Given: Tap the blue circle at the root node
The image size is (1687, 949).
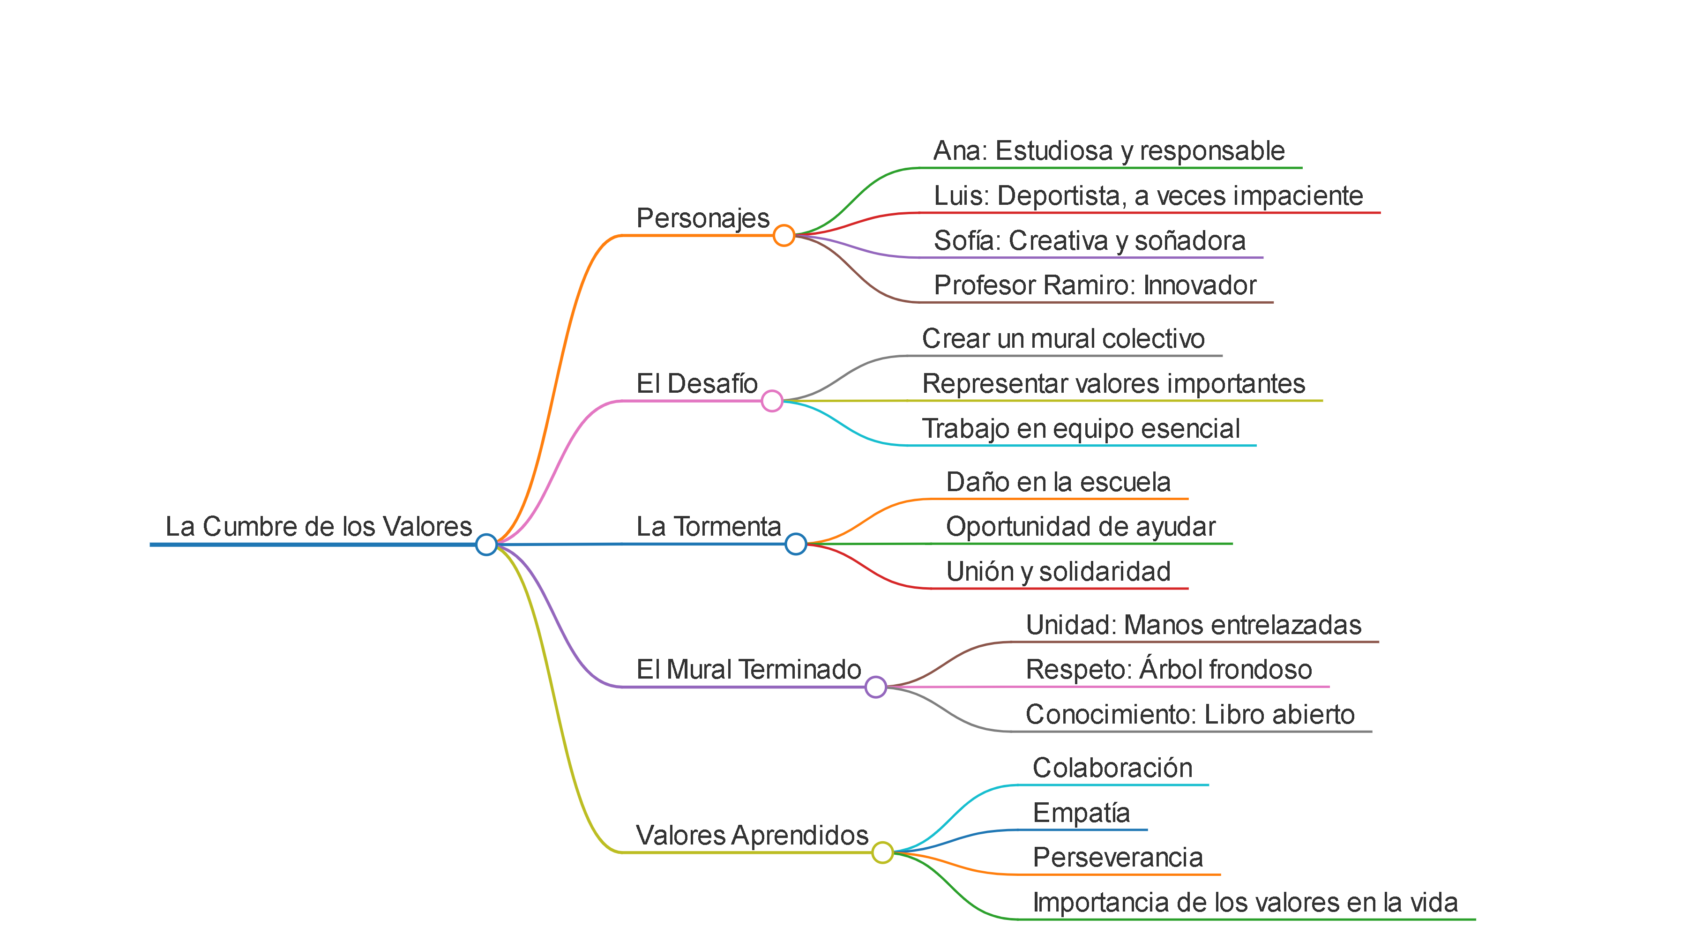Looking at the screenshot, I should click(486, 544).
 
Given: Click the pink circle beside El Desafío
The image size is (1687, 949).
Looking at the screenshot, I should click(772, 401).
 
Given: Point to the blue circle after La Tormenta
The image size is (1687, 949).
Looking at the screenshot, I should click(795, 544).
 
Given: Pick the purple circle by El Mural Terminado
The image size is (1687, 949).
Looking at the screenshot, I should click(875, 687).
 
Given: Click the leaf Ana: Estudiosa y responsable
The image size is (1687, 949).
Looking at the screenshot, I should click(1109, 151).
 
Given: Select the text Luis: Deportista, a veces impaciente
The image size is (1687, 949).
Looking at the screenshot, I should click(1148, 196).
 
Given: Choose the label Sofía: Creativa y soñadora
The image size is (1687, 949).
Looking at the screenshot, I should click(1089, 241).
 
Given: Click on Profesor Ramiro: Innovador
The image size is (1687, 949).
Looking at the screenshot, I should click(1095, 285).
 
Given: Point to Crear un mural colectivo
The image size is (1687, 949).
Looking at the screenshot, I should click(1063, 339).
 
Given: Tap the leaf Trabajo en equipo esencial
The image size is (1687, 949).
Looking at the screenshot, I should click(1081, 429).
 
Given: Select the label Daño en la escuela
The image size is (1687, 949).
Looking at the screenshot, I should click(1058, 483).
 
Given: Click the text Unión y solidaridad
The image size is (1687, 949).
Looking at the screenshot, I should click(1058, 572).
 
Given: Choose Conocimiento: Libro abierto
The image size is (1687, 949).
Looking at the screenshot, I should click(1190, 715).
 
